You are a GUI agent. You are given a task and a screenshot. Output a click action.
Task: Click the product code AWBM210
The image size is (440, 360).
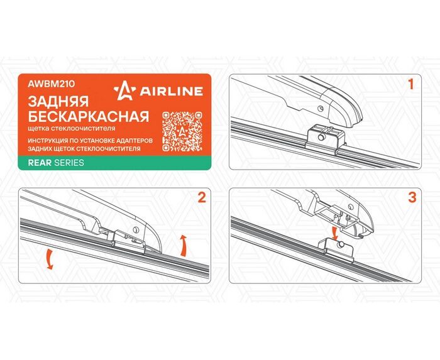pyautogui.click(x=51, y=84)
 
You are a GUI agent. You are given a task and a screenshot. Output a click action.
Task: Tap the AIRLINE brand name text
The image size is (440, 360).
pyautogui.click(x=171, y=91)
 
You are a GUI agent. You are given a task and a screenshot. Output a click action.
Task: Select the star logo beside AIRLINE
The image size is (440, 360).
pyautogui.click(x=125, y=90)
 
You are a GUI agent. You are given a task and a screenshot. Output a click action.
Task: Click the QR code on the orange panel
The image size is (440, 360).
pyautogui.click(x=182, y=131)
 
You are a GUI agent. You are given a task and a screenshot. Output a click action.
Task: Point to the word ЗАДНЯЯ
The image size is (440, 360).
pyautogui.click(x=58, y=102)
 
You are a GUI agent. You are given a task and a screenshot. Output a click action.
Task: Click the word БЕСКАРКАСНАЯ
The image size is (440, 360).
pyautogui.click(x=89, y=116)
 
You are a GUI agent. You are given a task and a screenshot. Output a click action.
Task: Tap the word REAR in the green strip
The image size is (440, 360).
pyautogui.click(x=40, y=163)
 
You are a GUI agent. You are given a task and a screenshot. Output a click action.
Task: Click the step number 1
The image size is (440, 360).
pyautogui.click(x=411, y=84)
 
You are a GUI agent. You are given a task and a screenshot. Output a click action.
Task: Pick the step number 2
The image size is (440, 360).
pyautogui.click(x=202, y=197)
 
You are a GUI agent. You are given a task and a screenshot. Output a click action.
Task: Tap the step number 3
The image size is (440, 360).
pyautogui.click(x=412, y=197)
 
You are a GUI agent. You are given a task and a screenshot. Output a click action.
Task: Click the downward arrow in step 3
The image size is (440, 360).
pyautogui.click(x=334, y=234)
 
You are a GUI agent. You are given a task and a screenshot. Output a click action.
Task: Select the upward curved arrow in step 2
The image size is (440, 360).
pyautogui.click(x=183, y=245)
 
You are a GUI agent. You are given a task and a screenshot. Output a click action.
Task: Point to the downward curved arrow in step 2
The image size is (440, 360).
pyautogui.click(x=49, y=258)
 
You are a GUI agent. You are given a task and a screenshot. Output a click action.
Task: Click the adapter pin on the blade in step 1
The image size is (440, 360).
pyautogui.click(x=321, y=137)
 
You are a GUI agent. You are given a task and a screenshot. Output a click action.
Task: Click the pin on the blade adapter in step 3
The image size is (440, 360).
pyautogui.click(x=341, y=244)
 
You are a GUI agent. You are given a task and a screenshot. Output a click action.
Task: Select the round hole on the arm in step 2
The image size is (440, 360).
pyautogui.click(x=136, y=229)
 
